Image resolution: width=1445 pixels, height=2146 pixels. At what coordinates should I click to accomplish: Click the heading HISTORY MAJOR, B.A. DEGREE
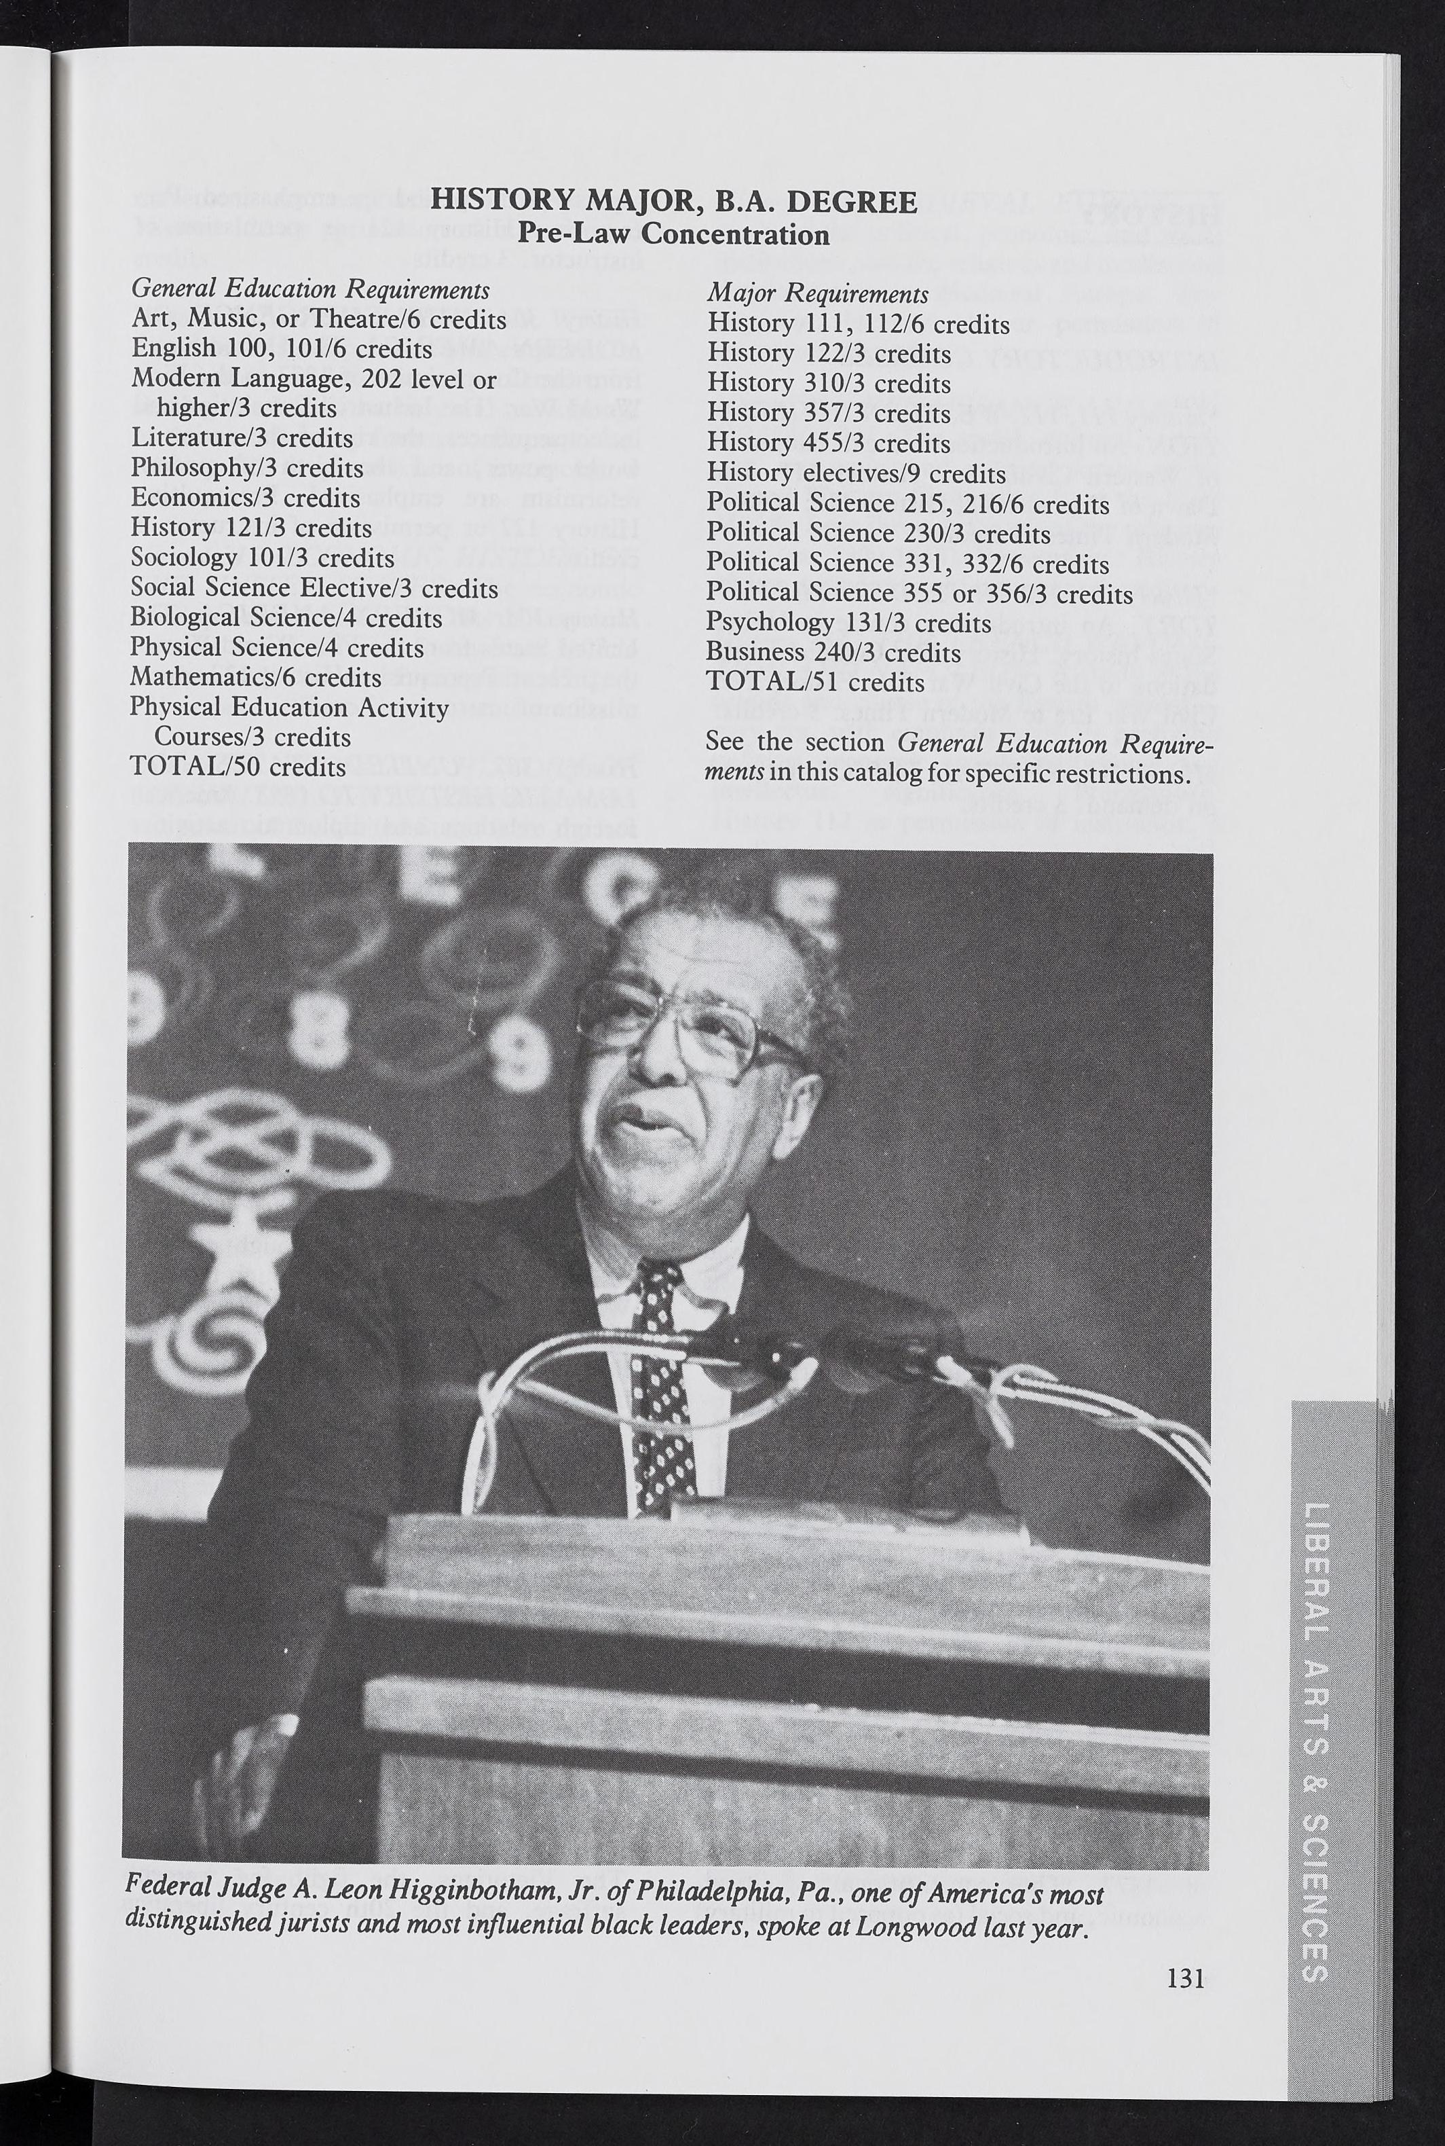(x=674, y=201)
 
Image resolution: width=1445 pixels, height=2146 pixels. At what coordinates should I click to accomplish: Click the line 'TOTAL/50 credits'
(x=238, y=767)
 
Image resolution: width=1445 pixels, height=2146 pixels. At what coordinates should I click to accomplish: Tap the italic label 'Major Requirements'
(x=817, y=294)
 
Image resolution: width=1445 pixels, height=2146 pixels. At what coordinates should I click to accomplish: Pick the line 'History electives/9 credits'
(x=856, y=474)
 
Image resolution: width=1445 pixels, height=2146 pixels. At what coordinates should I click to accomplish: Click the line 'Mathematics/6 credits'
(x=255, y=678)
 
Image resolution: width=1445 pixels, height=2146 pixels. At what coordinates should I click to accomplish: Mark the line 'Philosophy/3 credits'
(x=246, y=469)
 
